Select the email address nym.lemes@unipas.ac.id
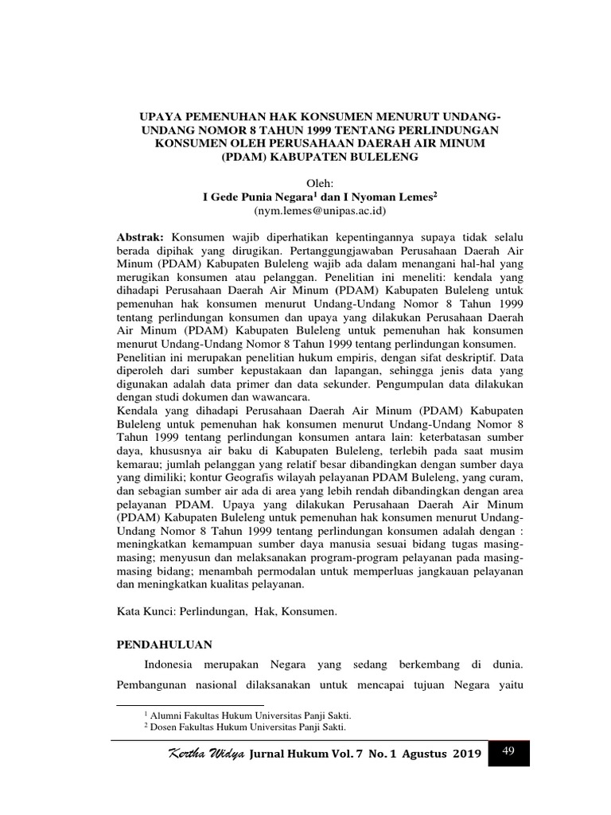tap(319, 211)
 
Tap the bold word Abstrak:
tap(140, 237)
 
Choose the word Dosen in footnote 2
tap(165, 727)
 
